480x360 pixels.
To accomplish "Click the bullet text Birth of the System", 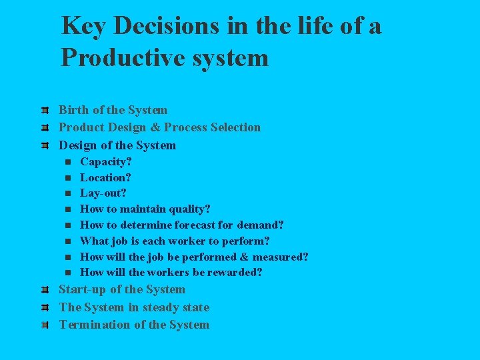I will [x=113, y=110].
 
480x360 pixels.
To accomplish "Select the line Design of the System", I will [x=117, y=145].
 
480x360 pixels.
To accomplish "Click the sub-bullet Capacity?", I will [x=105, y=162].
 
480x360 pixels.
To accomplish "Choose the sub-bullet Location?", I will [x=105, y=177].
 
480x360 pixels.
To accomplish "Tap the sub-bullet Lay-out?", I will [x=103, y=193].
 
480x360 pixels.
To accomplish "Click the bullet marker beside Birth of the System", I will [x=43, y=111].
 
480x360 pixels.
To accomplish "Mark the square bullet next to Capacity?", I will [x=68, y=162].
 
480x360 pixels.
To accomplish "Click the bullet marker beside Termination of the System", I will [x=43, y=325].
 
